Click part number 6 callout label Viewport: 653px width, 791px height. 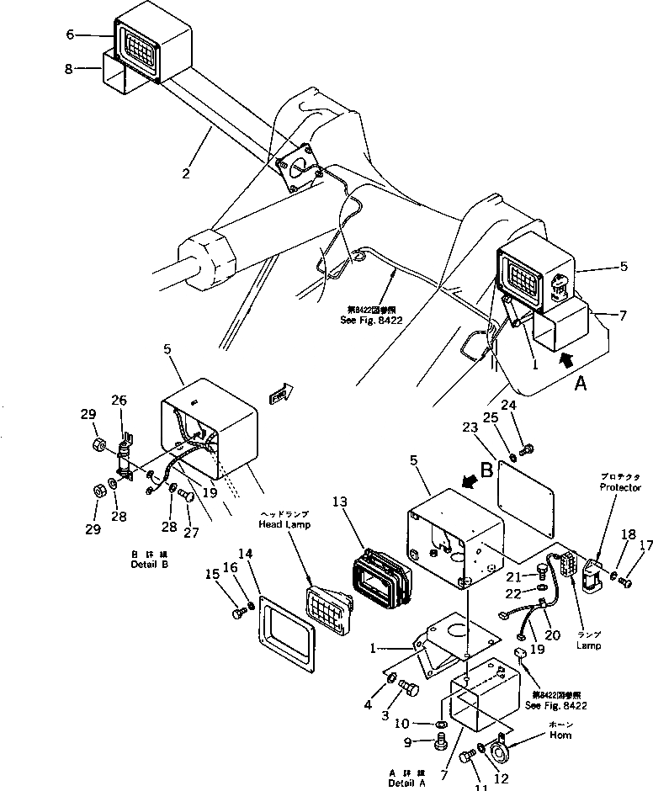pos(70,35)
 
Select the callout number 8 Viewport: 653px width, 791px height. pos(69,69)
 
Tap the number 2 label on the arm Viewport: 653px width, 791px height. pos(185,174)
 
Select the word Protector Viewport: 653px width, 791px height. pos(619,487)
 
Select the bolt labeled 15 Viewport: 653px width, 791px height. pos(238,612)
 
